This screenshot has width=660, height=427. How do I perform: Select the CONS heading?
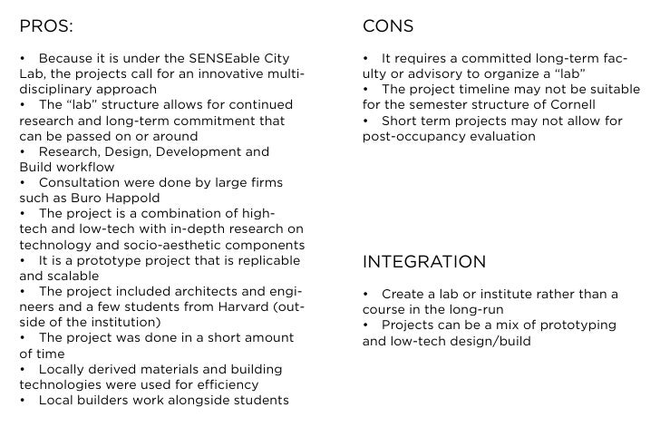point(388,25)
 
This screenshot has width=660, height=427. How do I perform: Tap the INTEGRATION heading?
point(424,262)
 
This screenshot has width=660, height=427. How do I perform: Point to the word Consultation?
point(81,182)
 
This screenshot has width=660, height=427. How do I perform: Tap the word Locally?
point(62,369)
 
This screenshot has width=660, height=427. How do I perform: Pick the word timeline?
point(483,90)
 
